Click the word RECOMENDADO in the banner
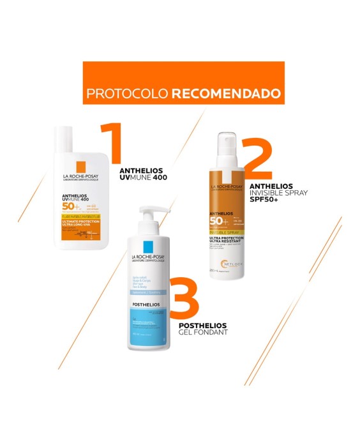(226, 93)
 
